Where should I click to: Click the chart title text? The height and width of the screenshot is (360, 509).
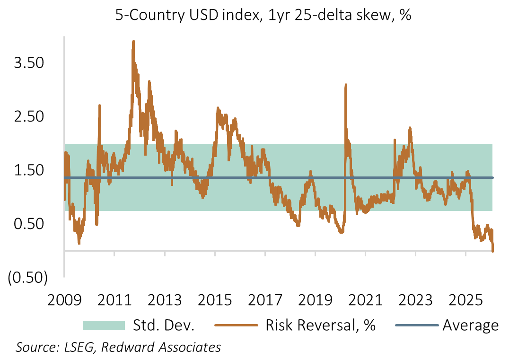263,15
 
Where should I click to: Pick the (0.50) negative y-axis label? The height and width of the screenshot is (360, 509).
27,278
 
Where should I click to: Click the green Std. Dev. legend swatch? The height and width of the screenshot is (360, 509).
104,325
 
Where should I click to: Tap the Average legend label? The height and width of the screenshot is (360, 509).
470,325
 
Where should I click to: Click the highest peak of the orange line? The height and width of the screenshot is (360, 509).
133,42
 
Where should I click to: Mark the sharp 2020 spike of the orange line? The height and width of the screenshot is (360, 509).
346,86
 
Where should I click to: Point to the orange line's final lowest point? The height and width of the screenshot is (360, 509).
493,251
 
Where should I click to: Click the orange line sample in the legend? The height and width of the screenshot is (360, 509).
237,325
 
